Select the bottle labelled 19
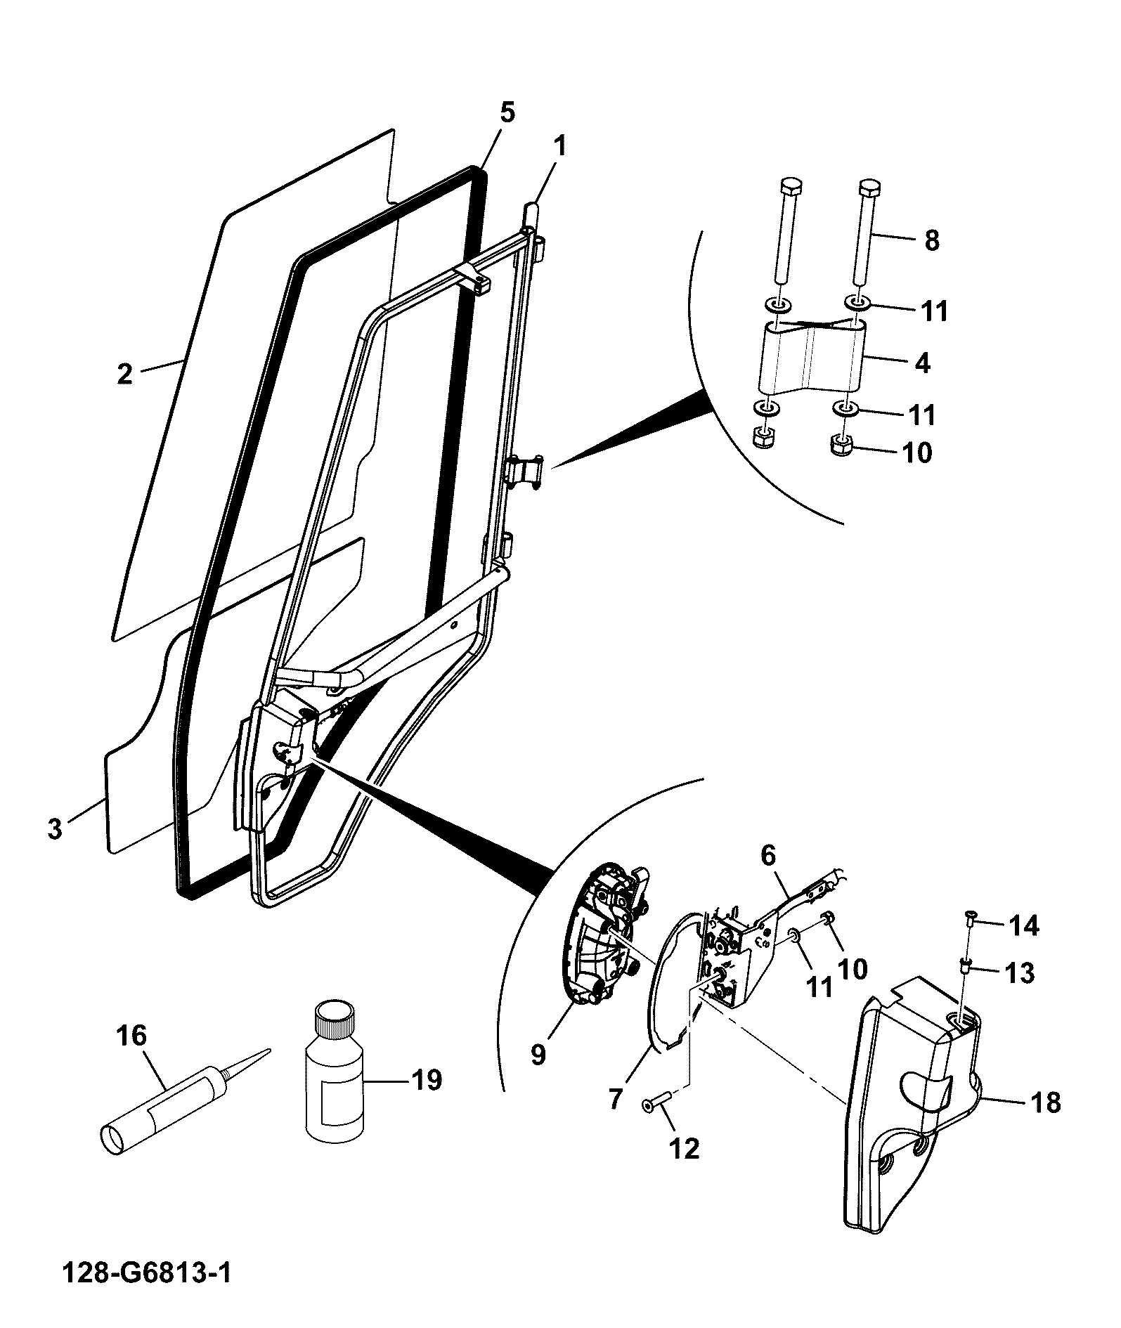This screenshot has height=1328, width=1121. [333, 1080]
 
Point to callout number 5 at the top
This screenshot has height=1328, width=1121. [507, 112]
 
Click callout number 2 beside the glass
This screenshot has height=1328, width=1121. [124, 374]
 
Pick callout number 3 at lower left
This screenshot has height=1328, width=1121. [55, 828]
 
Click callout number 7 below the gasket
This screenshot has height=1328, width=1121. [616, 1098]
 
